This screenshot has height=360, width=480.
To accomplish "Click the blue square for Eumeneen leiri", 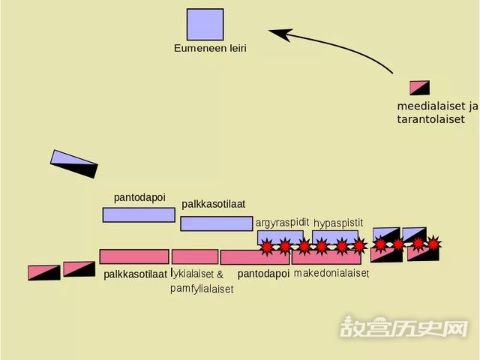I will tap(205, 24).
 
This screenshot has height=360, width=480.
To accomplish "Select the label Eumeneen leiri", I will tap(210, 48).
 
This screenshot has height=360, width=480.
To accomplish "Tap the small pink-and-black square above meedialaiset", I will tap(419, 88).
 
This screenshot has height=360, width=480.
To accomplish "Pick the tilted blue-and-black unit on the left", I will tap(73, 164).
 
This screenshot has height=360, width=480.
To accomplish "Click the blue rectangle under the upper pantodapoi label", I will tap(139, 214).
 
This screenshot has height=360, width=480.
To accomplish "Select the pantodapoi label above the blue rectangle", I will tap(139, 197).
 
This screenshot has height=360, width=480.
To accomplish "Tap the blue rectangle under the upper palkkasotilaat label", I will tap(216, 223).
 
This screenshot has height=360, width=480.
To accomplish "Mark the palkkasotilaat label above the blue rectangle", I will tap(214, 204).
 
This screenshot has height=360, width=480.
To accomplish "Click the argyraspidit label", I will tap(282, 223).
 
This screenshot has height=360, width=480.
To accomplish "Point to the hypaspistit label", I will tap(338, 223).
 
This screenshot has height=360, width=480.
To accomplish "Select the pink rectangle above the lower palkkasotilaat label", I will tap(133, 256).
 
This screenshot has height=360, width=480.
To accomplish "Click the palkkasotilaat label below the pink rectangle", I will tap(136, 274).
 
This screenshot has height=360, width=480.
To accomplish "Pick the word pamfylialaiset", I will tap(201, 288).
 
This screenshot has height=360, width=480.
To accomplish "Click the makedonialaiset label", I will tap(331, 274).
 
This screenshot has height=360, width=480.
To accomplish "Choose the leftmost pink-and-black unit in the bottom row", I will tap(43, 272).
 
